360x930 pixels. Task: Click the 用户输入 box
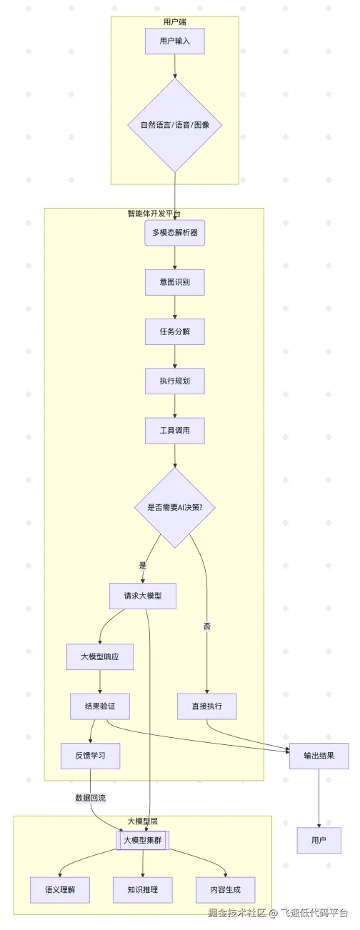175,41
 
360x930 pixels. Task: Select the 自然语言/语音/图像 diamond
175,125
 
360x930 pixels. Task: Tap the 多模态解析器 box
175,233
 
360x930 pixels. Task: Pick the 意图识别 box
175,282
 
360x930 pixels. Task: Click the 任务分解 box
175,331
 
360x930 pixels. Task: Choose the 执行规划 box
175,381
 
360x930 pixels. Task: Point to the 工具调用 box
175,431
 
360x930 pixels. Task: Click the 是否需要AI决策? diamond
175,508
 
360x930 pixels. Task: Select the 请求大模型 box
143,596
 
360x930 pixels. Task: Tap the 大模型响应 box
100,656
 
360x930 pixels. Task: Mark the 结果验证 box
100,706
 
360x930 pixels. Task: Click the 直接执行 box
207,706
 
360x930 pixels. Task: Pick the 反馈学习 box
90,756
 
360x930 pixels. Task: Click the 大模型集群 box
143,841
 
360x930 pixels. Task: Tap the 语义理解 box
60,890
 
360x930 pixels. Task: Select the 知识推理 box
143,890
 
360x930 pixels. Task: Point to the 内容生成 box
226,890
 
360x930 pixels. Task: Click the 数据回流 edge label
91,797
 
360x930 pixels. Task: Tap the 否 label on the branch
207,626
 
